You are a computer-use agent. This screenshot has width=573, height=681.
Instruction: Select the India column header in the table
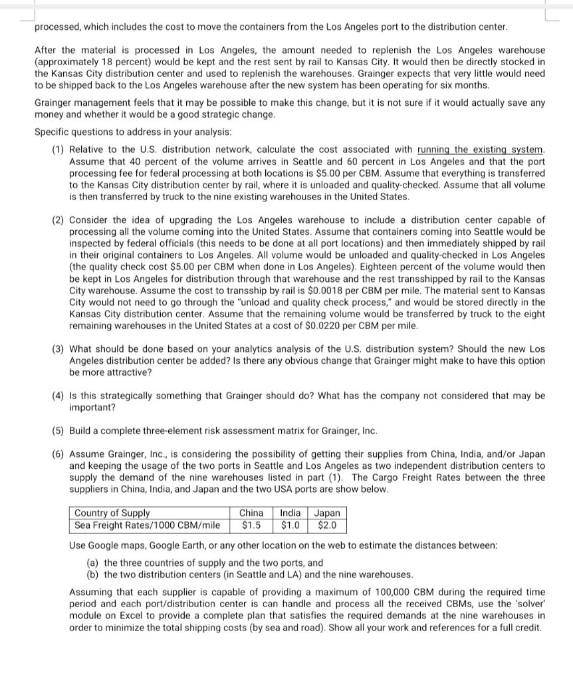289,513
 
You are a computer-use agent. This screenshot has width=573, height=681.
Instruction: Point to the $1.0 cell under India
289,525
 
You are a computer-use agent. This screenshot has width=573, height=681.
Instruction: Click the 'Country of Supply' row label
112,513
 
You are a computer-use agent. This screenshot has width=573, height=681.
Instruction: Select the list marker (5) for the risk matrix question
59,431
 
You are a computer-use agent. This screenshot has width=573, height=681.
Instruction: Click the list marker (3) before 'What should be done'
59,349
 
